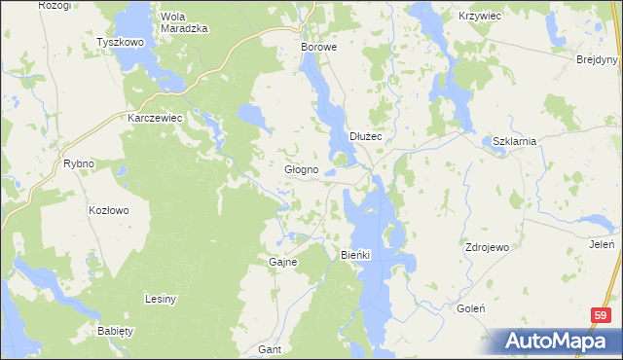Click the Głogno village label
click(301, 169)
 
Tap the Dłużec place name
click(366, 136)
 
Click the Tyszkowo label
click(121, 43)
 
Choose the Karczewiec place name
click(156, 117)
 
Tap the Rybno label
click(78, 163)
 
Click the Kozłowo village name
click(109, 210)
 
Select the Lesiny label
click(160, 299)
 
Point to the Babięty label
click(115, 331)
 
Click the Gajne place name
click(282, 262)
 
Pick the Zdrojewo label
click(488, 247)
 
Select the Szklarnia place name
click(515, 140)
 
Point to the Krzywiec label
click(480, 17)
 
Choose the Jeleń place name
click(601, 244)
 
